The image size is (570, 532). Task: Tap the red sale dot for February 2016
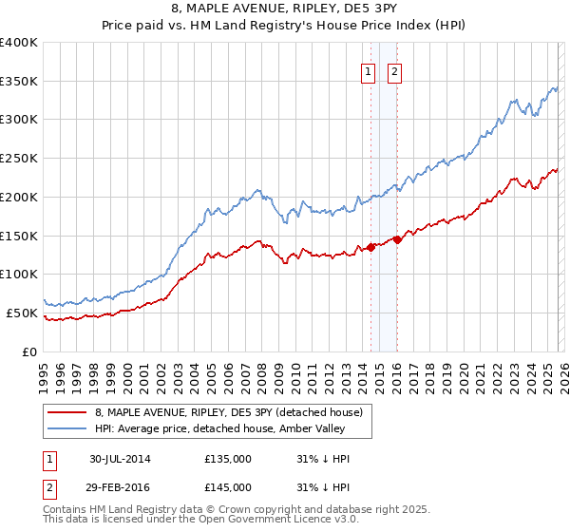point(397,239)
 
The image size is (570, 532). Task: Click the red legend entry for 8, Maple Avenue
point(228,412)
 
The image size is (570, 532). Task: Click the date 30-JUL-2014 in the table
point(120,459)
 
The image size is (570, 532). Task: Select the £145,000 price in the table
point(228,486)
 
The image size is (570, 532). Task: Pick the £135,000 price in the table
point(228,459)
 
